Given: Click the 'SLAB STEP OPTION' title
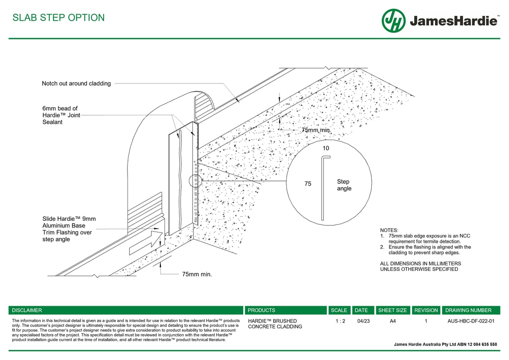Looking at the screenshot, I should point(59,18).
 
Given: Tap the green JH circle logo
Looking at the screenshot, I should point(394,21).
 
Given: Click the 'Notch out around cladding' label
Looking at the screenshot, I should point(76,83).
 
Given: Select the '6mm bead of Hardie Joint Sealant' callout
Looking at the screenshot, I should point(60,115).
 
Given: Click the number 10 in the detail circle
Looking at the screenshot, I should point(326,148).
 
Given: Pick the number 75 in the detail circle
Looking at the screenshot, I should point(308,184).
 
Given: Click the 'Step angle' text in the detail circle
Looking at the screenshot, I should point(344,185).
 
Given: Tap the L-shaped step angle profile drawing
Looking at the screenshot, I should point(323,187).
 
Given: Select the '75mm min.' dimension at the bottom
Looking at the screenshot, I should point(197,274).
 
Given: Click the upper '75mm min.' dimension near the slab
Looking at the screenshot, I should point(316,130).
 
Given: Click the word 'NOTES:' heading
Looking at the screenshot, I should point(389,230).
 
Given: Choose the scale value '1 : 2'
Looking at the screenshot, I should point(340,321).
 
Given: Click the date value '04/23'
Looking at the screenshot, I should point(363,321).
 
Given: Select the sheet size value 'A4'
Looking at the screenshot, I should point(393,321).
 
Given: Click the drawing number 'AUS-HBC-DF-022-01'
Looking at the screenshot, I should point(471,321).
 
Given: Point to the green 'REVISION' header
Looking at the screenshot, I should point(426,310).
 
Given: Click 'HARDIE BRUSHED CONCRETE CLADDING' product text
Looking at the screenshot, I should point(275,324).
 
